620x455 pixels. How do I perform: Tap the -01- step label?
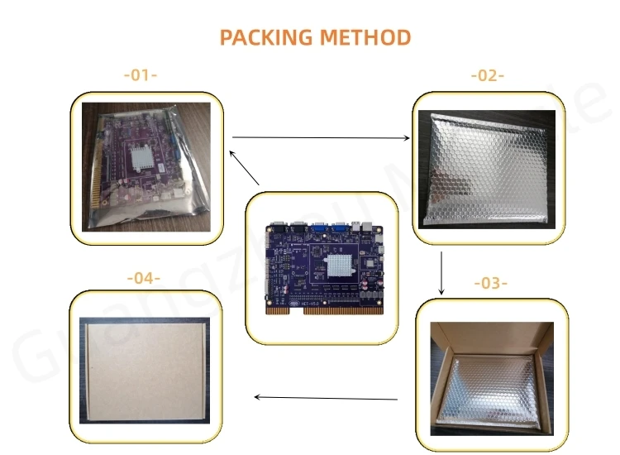coord(140,74)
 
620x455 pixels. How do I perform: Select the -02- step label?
coord(487,75)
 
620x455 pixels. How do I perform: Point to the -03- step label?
coord(489,283)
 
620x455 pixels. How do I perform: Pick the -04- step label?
coord(143,278)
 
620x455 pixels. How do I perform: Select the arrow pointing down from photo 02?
coord(441,273)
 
